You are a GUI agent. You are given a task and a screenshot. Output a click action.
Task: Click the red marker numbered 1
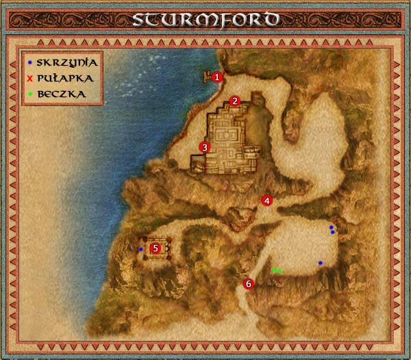[217, 77]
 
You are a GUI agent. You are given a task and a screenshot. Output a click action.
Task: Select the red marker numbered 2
[234, 101]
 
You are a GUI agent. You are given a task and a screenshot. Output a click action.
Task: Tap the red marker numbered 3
[203, 146]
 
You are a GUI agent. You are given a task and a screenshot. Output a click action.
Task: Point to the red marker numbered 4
[267, 201]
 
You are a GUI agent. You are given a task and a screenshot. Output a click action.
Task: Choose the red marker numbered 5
[155, 248]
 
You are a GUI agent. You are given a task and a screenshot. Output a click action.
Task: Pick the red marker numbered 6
[249, 283]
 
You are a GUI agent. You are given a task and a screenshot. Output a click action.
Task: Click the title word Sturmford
[206, 18]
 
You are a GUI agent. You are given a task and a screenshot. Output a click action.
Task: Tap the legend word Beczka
[62, 94]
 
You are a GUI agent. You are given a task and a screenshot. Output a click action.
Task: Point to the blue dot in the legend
[30, 62]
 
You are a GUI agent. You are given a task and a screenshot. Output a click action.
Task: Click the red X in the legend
[30, 78]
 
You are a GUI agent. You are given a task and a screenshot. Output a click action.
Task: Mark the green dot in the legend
[30, 94]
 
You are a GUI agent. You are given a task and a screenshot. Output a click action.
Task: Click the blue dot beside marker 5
[141, 249]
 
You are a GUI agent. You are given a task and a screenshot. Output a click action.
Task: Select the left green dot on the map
[274, 270]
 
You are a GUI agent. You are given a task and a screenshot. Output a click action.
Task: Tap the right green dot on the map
[279, 271]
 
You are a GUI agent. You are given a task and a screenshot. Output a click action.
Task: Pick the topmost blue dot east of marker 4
[331, 227]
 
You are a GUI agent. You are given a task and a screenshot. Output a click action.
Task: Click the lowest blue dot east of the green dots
[320, 263]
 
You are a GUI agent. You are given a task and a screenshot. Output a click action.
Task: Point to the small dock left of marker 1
[206, 77]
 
